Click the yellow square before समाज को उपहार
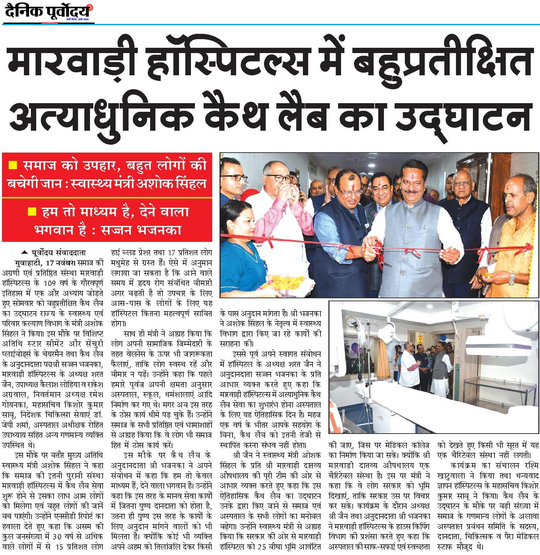13,165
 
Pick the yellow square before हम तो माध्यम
33,211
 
